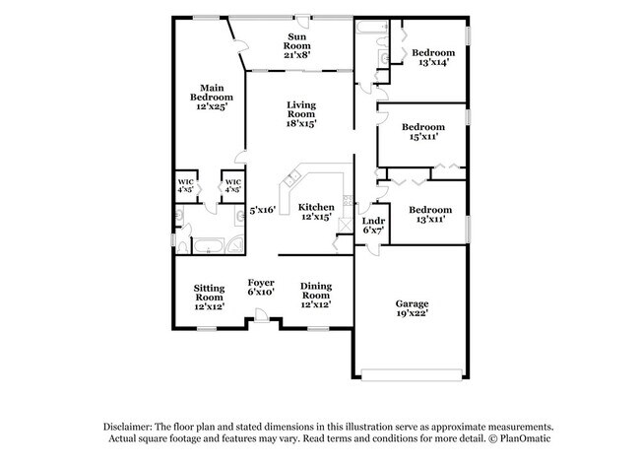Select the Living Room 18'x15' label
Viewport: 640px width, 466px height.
pos(301,114)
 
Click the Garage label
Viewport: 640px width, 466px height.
pos(412,302)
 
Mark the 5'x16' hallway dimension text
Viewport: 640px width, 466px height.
pos(260,210)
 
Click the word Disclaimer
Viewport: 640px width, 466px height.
pos(132,426)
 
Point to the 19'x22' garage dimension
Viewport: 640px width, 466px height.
pos(412,314)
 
